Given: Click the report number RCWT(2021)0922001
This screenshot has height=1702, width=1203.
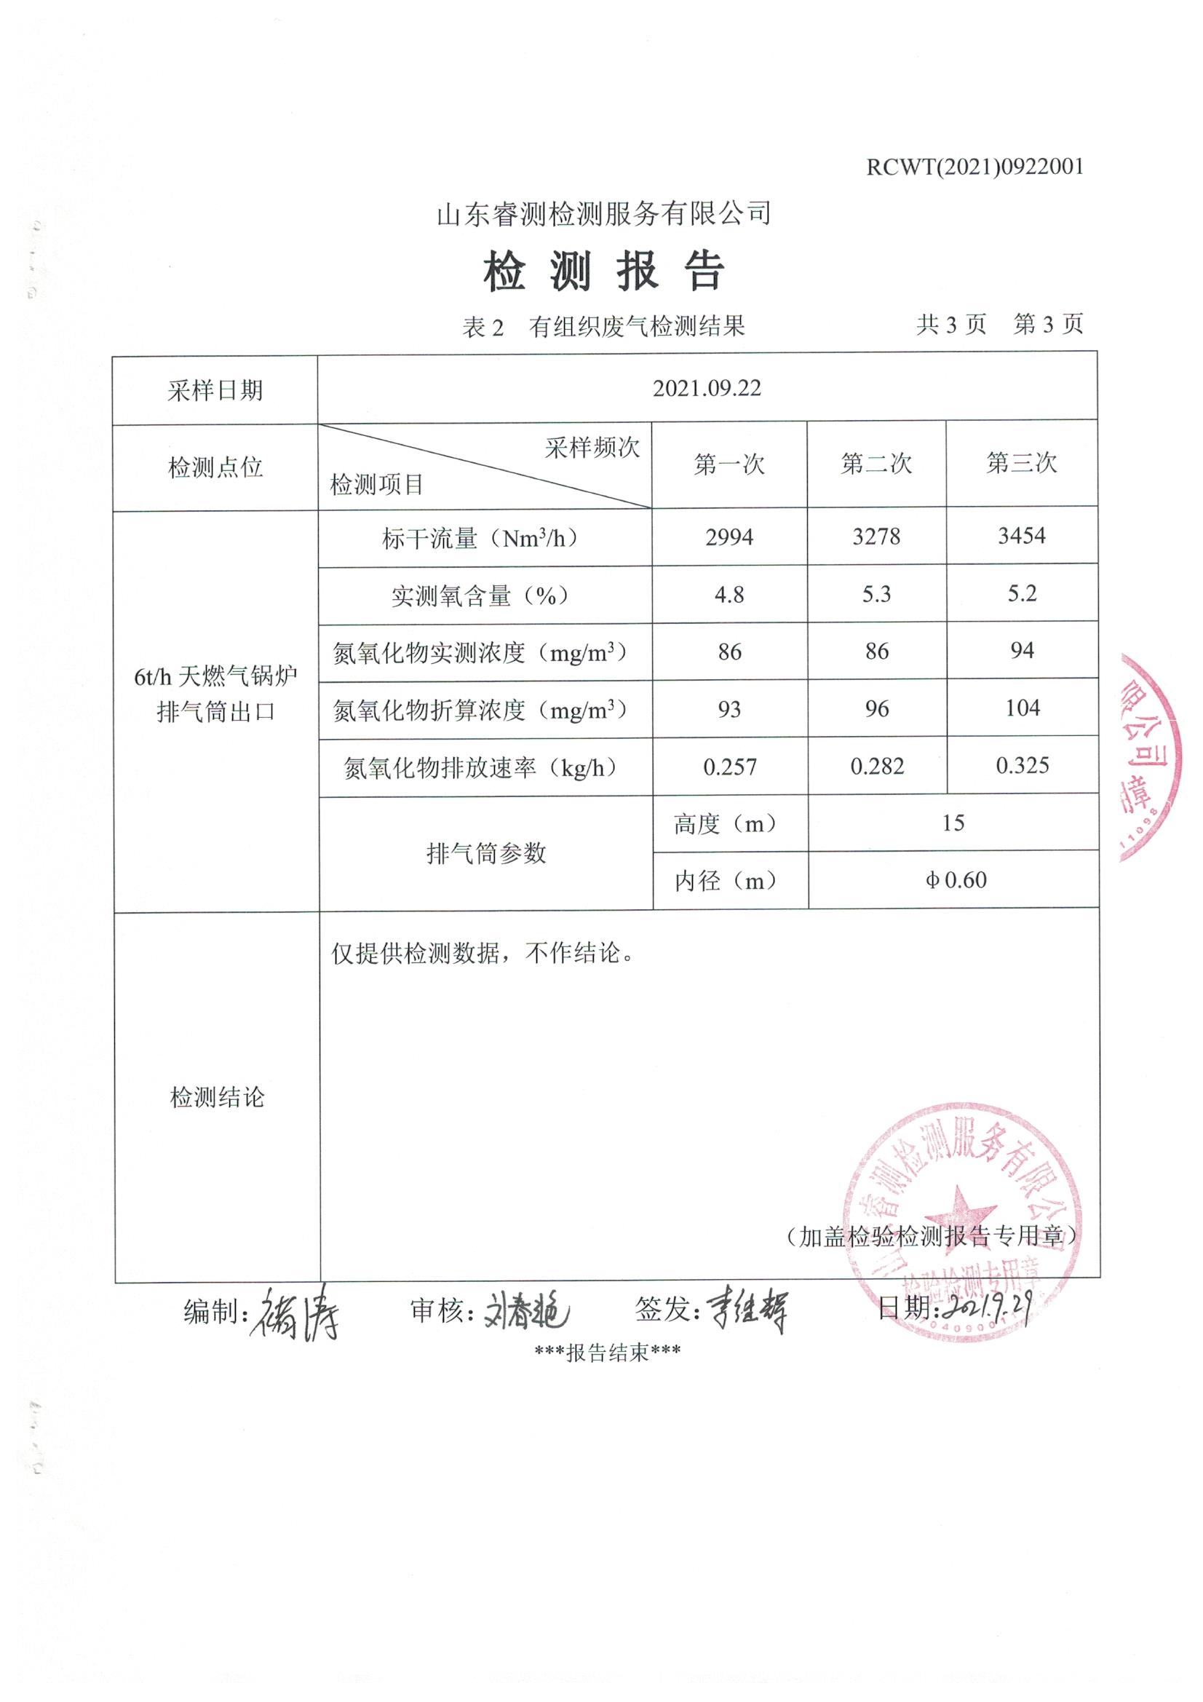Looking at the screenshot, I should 974,167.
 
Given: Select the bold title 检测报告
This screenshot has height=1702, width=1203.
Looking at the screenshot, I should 603,272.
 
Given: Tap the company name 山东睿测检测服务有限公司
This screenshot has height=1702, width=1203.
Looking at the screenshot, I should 603,214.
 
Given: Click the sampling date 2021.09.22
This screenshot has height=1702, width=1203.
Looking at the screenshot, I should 707,389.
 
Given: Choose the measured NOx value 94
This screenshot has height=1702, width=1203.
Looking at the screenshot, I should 1021,651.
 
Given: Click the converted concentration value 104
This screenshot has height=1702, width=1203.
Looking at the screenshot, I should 1022,708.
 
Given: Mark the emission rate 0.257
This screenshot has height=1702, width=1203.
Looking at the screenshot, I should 729,767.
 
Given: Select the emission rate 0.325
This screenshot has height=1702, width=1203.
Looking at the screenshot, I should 1022,766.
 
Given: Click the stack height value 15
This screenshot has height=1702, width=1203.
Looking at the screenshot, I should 953,823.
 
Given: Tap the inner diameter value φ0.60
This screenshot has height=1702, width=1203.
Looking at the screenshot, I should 956,881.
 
